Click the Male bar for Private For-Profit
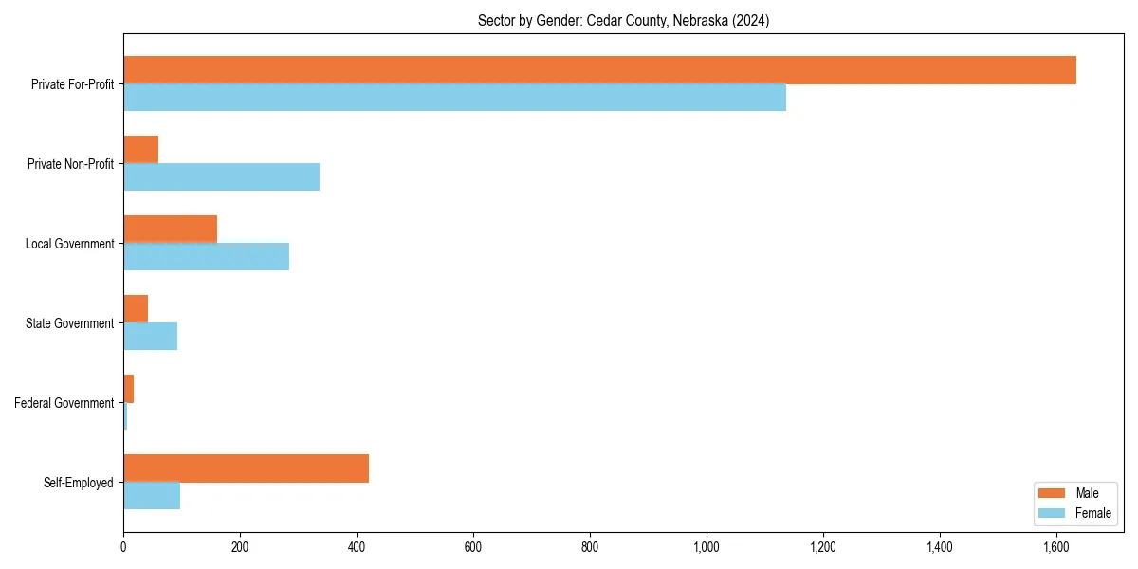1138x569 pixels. pyautogui.click(x=599, y=70)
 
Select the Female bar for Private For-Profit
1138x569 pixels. pyautogui.click(x=454, y=98)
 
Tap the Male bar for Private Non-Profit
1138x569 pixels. pyautogui.click(x=140, y=150)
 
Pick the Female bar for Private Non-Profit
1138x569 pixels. pyautogui.click(x=221, y=177)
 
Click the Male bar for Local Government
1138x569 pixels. pyautogui.click(x=170, y=229)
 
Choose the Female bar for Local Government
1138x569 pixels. pyautogui.click(x=206, y=257)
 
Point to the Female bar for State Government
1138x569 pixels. pyautogui.click(x=150, y=337)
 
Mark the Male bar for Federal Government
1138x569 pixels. pyautogui.click(x=128, y=389)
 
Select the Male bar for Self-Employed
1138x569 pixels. pyautogui.click(x=246, y=468)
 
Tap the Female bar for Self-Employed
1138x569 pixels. pyautogui.click(x=152, y=496)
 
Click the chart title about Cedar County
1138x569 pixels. pyautogui.click(x=623, y=21)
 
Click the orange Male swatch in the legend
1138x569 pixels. pyautogui.click(x=1052, y=493)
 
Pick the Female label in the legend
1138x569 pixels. pyautogui.click(x=1092, y=513)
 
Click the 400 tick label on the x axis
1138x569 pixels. pyautogui.click(x=357, y=547)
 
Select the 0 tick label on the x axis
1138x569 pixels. pyautogui.click(x=123, y=547)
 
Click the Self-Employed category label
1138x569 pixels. pyautogui.click(x=78, y=483)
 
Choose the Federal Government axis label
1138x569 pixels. pyautogui.click(x=64, y=403)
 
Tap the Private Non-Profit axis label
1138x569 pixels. pyautogui.click(x=70, y=164)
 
